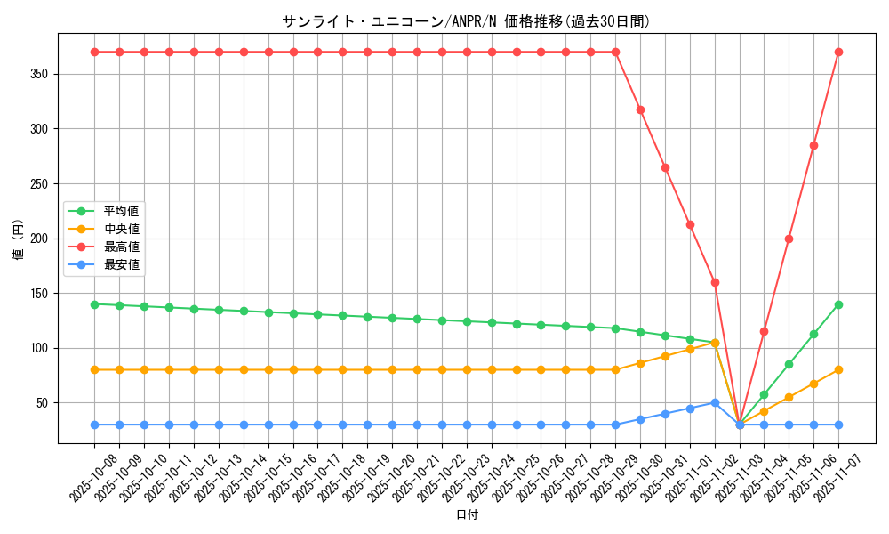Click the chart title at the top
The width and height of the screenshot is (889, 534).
click(466, 21)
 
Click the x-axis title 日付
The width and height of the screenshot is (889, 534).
click(467, 515)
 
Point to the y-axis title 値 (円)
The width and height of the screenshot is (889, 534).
click(19, 240)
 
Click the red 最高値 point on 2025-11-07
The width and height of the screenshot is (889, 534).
click(838, 52)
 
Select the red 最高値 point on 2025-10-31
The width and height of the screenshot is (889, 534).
click(665, 167)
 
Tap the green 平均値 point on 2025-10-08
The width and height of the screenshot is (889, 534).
click(94, 304)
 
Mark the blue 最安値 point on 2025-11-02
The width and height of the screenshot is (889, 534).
click(715, 402)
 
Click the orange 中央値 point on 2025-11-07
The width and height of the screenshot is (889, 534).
click(838, 369)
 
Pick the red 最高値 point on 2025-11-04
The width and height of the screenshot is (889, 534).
click(764, 331)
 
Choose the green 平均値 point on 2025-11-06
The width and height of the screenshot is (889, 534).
click(813, 334)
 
